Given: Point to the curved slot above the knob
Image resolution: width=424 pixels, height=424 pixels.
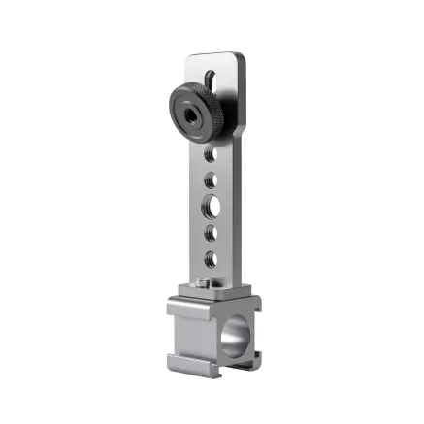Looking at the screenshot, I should (210, 78).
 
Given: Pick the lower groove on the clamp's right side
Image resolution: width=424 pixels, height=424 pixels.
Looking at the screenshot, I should (254, 356).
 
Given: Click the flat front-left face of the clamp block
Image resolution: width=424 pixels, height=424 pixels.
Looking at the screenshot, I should (194, 335).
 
